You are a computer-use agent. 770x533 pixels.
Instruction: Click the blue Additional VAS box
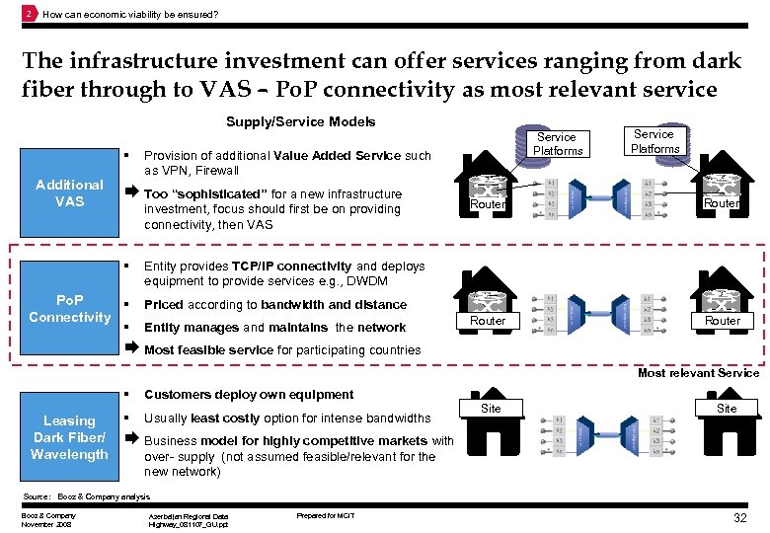[x=68, y=193]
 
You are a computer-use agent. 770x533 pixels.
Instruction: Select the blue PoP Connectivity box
[x=68, y=308]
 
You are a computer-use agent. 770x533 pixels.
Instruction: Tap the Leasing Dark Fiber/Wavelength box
[x=68, y=437]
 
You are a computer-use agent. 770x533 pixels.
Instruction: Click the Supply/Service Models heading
[x=301, y=122]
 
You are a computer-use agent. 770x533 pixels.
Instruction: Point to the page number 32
[x=738, y=518]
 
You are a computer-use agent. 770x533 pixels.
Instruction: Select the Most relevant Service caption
[x=698, y=373]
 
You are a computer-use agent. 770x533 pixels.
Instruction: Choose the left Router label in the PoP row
[x=488, y=321]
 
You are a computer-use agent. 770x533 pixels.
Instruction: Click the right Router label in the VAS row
[x=722, y=203]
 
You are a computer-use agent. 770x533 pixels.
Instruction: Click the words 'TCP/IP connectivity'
[x=292, y=266]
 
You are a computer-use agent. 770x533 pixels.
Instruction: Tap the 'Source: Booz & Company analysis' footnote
[x=86, y=496]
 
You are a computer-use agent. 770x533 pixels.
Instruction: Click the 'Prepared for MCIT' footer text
[x=326, y=516]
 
